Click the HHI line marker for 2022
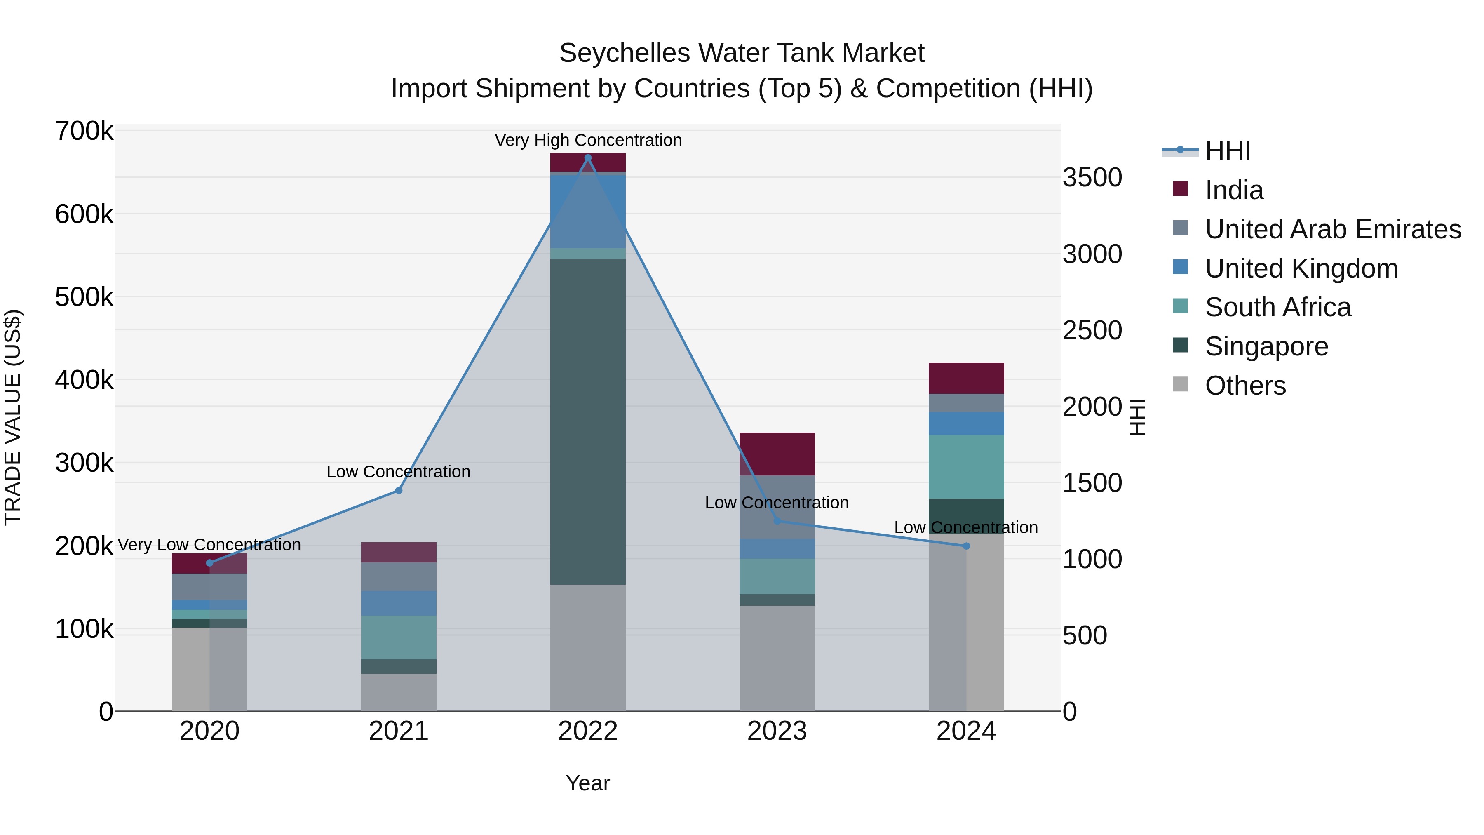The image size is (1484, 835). click(x=587, y=158)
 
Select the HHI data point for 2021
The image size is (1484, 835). click(x=398, y=490)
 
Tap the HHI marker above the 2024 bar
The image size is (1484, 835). click(x=966, y=546)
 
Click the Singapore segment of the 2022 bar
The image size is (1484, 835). click(x=587, y=421)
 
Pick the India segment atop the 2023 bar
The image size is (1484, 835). click(x=777, y=454)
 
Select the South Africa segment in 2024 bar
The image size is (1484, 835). click(x=966, y=466)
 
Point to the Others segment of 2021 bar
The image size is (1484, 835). click(x=398, y=692)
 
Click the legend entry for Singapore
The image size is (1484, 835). click(x=1266, y=346)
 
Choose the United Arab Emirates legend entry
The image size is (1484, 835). click(x=1332, y=229)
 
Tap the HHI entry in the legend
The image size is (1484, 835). click(x=1227, y=151)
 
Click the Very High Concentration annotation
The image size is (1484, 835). click(x=587, y=140)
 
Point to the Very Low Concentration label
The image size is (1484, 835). click(x=209, y=545)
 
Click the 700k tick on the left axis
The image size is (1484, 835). click(x=84, y=132)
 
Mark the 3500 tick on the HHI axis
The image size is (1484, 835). click(x=1092, y=177)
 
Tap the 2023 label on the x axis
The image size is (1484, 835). click(x=777, y=731)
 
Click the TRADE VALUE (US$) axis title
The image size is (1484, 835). click(x=13, y=417)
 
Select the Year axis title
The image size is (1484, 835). click(x=587, y=783)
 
